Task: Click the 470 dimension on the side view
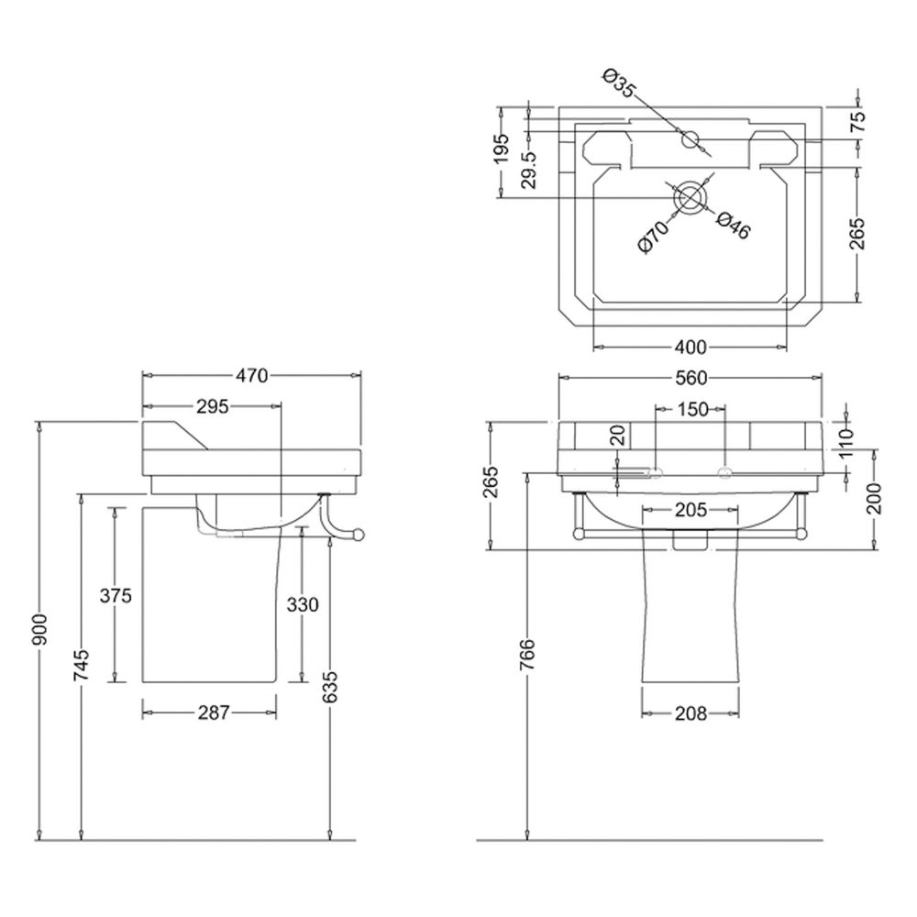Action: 251,375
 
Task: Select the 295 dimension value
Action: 213,406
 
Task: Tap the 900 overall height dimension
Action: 40,631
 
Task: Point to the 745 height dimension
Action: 83,664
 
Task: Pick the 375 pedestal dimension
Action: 116,596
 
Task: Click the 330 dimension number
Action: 303,604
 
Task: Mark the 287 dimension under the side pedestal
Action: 214,713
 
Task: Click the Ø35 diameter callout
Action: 619,83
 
